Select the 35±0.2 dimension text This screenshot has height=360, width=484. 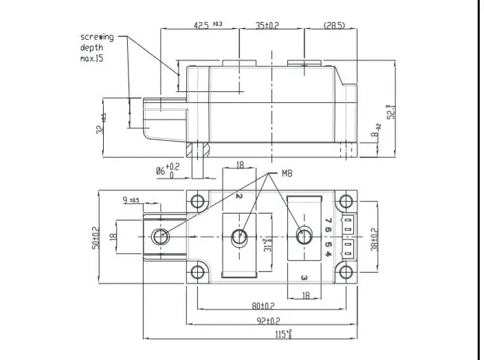point(267,25)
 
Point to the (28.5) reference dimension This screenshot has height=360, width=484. point(333,25)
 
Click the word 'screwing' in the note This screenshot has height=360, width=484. point(97,37)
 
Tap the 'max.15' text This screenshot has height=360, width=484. point(92,59)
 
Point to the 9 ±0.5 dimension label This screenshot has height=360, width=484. point(131,201)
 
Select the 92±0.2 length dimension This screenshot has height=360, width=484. point(265,321)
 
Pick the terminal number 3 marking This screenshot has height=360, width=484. point(303,278)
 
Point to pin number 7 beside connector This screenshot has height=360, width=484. point(329,221)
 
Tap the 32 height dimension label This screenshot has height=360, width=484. point(100,124)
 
